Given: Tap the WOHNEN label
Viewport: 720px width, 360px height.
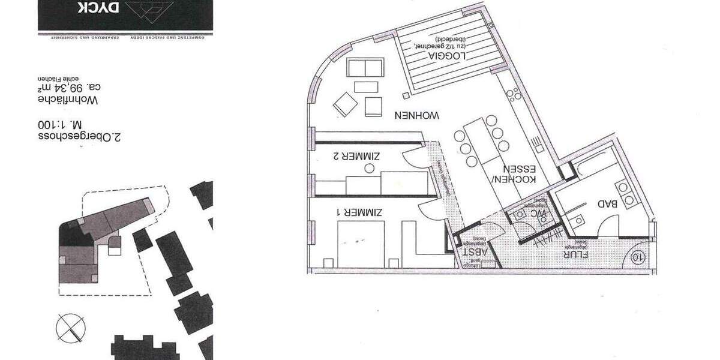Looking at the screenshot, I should [418, 114].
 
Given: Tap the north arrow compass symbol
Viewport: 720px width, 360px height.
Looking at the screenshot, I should [70, 328].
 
